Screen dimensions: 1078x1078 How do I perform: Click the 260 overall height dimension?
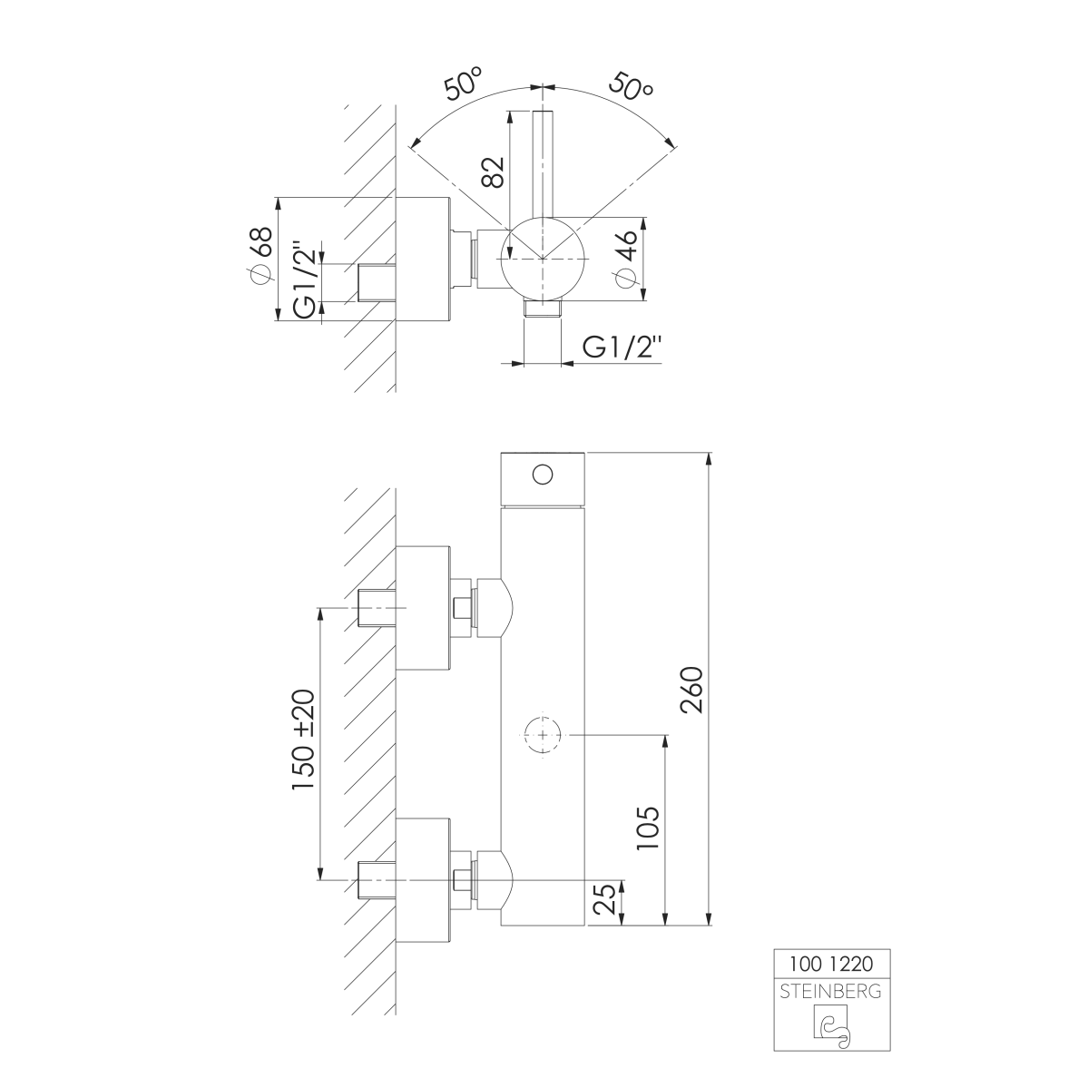point(691,690)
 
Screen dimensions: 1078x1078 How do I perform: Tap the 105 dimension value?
point(648,828)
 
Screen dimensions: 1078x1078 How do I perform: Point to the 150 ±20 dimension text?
point(303,740)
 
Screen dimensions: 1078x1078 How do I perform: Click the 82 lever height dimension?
point(493,171)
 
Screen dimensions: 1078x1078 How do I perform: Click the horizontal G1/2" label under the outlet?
point(622,348)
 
